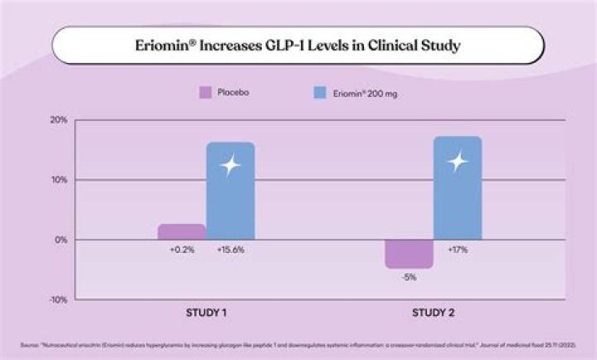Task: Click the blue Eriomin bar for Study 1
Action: (x=230, y=191)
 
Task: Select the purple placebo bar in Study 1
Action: (x=182, y=231)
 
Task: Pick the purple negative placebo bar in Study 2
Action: (x=409, y=254)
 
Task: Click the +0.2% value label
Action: (x=182, y=249)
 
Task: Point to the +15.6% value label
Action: (x=230, y=249)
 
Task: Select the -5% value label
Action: (x=409, y=277)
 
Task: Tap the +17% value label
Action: (x=457, y=249)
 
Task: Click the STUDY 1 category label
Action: (x=205, y=314)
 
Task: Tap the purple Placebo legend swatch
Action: (x=206, y=92)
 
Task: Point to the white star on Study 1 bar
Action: (x=230, y=165)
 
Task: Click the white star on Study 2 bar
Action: (x=457, y=162)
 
